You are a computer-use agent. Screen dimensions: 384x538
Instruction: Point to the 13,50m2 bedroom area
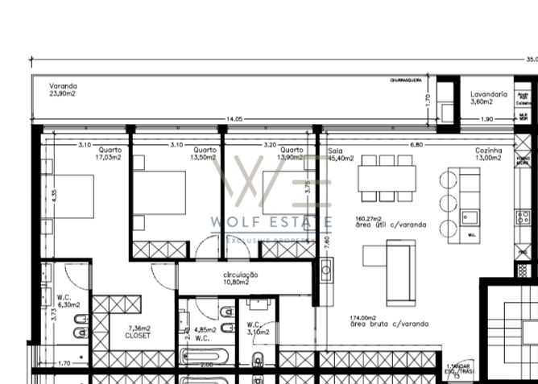pos(203,158)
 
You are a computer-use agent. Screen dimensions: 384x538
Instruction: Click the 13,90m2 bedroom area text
pos(290,158)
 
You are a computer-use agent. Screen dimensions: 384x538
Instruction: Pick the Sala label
pos(336,151)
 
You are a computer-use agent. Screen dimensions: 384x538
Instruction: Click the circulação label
pos(241,275)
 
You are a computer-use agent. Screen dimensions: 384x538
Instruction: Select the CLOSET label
pos(138,336)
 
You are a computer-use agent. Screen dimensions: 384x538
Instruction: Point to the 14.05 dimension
pos(234,119)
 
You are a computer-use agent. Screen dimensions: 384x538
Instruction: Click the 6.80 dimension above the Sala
pos(416,144)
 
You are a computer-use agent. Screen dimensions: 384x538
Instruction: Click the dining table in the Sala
pos(387,178)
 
